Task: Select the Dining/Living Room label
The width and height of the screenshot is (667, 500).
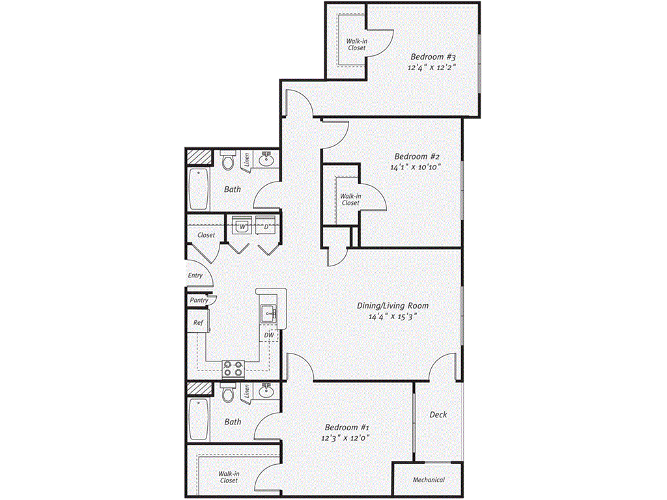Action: pos(392,305)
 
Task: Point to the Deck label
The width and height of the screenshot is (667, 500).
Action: pos(438,415)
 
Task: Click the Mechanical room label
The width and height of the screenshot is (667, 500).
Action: pos(429,480)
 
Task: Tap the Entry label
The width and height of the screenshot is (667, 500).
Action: pos(195,275)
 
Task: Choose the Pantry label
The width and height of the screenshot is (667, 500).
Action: pos(199,300)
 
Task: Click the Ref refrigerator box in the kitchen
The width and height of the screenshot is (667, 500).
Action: pos(197,322)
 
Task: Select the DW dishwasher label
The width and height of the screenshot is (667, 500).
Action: pos(269,335)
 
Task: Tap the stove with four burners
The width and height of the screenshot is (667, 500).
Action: pos(233,369)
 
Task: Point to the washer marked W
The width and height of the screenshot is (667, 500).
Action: pos(242,227)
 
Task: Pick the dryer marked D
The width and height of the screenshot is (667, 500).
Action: pos(266,227)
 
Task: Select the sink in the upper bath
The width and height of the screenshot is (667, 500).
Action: pos(266,159)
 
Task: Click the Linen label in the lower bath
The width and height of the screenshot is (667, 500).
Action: pos(248,391)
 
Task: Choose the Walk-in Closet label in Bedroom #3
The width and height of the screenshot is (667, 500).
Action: pos(356,44)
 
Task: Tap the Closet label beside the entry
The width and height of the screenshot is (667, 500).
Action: pos(206,235)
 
